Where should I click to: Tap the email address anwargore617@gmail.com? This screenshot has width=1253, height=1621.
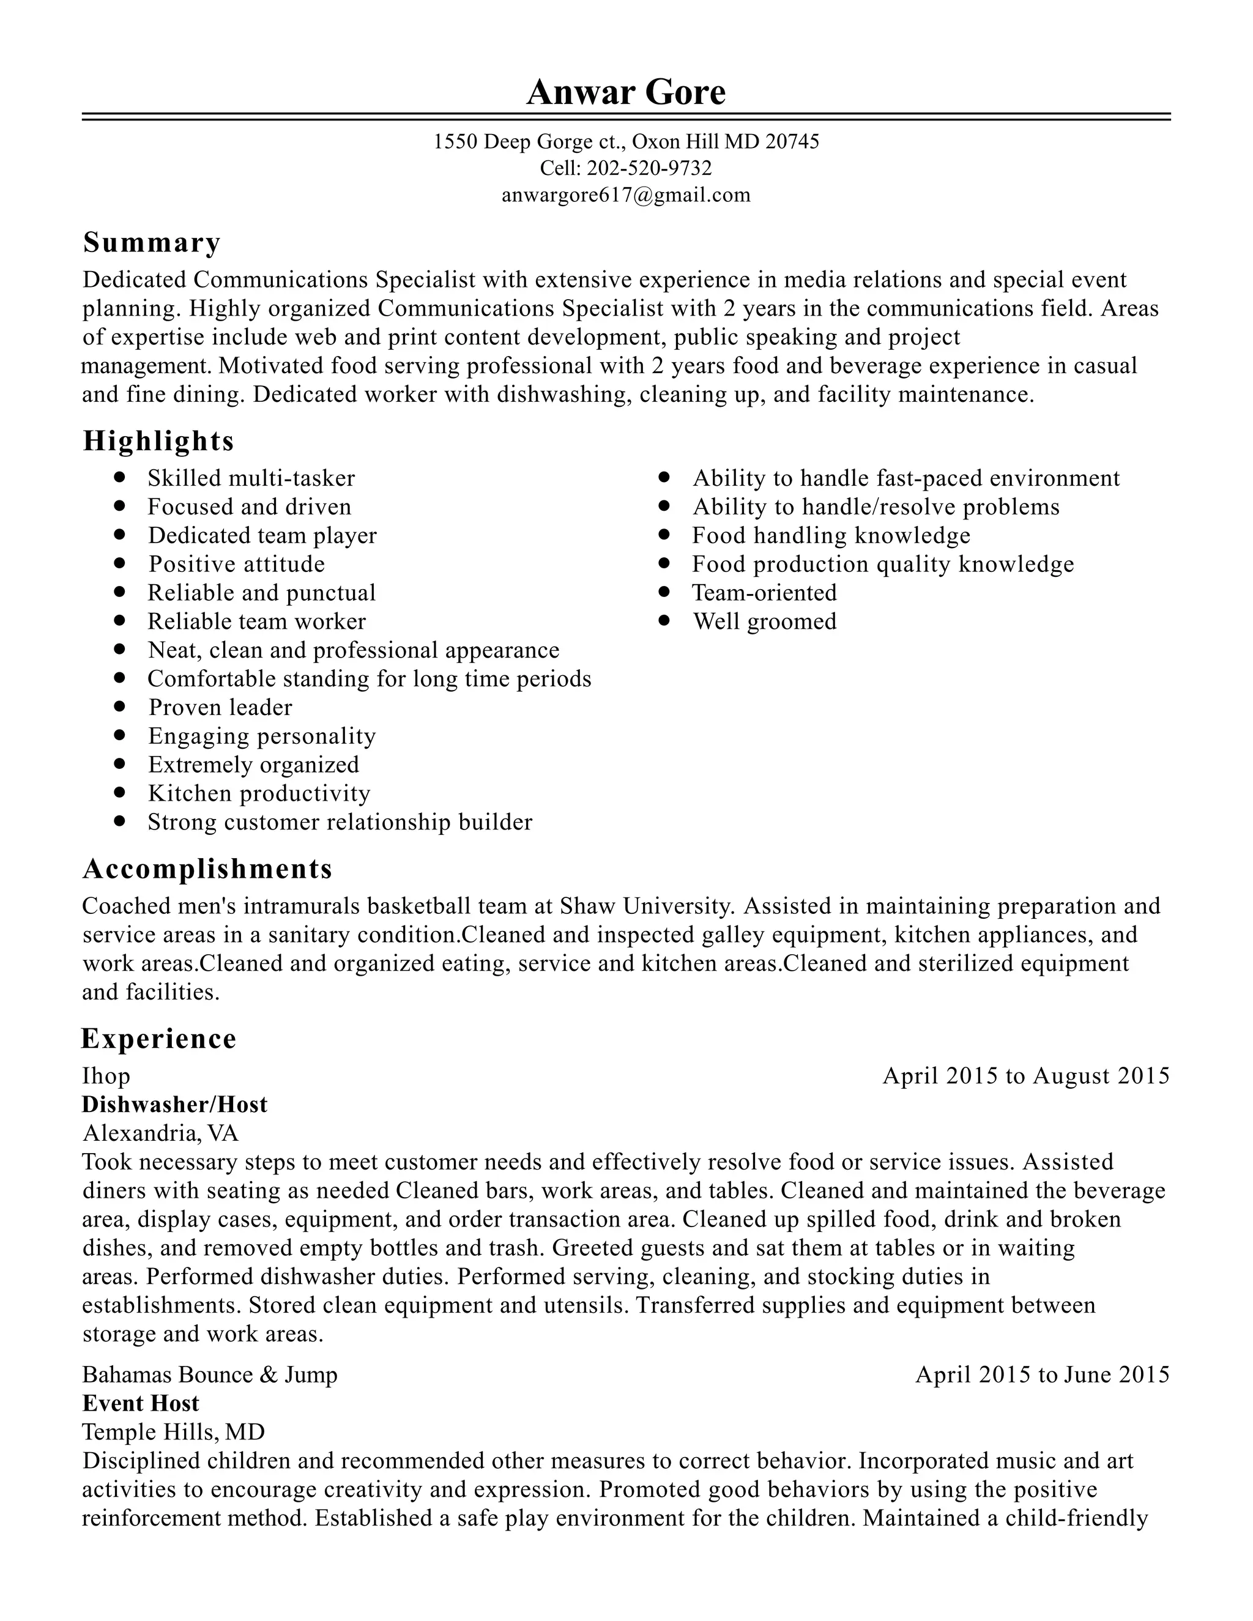[x=626, y=195]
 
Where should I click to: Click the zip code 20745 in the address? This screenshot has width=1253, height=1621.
[x=792, y=141]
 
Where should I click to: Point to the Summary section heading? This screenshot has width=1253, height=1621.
[x=152, y=243]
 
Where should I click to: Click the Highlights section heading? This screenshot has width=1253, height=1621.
[x=158, y=441]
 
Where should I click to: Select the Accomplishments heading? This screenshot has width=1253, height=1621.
[x=207, y=869]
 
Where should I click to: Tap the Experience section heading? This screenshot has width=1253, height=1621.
[x=158, y=1039]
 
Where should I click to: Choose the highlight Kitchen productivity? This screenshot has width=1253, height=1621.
[x=258, y=793]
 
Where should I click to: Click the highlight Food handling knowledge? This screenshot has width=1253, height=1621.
[x=831, y=535]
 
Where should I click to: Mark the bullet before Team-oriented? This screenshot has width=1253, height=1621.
[x=664, y=592]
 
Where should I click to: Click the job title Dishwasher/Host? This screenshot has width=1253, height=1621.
[x=174, y=1104]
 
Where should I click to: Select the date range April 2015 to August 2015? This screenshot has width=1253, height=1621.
[x=1025, y=1075]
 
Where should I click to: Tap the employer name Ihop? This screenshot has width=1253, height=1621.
[x=106, y=1075]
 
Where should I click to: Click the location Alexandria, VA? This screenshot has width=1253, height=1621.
[x=160, y=1133]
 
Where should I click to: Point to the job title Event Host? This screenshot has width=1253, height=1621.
[x=140, y=1403]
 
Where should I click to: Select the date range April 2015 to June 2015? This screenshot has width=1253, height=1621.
[x=1041, y=1374]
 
